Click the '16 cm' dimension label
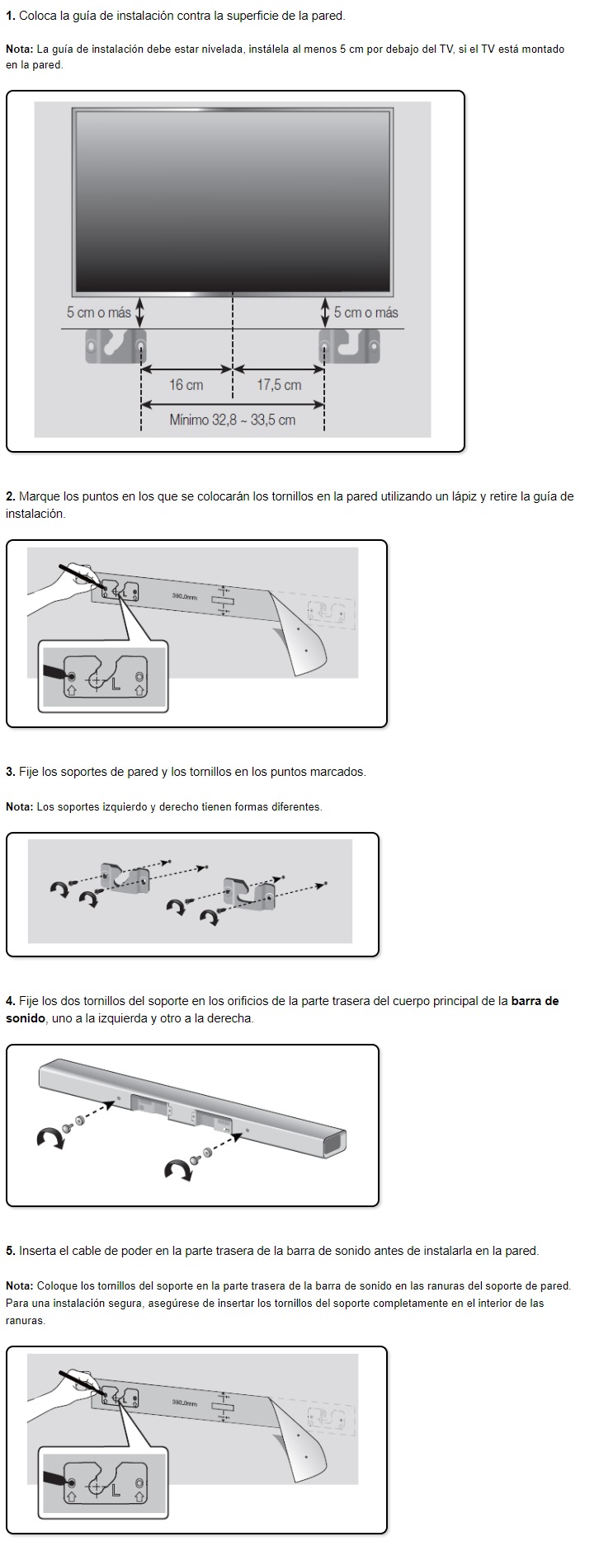(186, 385)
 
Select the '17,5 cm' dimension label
(279, 385)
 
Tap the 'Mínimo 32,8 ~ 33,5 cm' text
(232, 420)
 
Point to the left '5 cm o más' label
(98, 312)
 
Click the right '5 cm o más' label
(366, 312)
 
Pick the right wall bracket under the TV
(349, 346)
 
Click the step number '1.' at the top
(11, 16)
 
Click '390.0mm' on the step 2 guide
(184, 596)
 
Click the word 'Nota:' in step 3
(19, 806)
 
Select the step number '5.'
(11, 1251)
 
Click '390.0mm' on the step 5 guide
(184, 1403)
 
